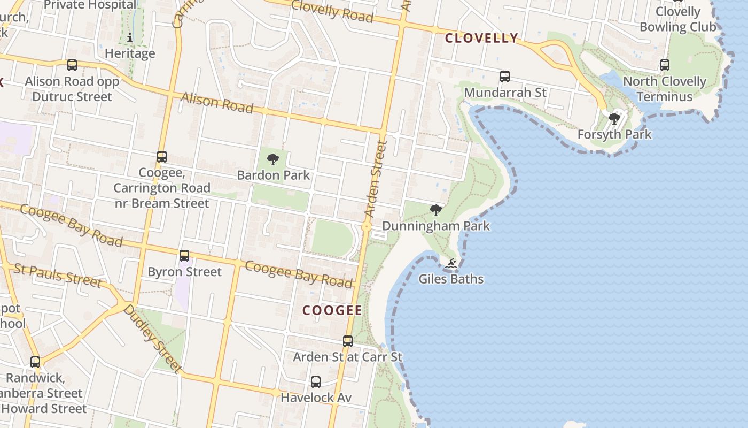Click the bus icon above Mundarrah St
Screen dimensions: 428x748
tap(505, 77)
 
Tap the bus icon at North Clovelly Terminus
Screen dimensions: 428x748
tap(665, 65)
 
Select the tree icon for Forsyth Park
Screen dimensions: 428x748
tap(614, 118)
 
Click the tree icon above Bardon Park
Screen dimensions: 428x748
tap(273, 159)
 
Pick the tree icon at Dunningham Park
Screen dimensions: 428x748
tap(436, 210)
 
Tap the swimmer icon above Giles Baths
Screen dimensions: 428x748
tap(451, 263)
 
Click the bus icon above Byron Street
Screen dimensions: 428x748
tap(184, 256)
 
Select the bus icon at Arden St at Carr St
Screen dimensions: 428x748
tap(348, 341)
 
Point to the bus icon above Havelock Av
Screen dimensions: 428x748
tap(316, 382)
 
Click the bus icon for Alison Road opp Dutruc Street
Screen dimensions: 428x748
tap(72, 65)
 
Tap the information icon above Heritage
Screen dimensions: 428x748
tap(130, 37)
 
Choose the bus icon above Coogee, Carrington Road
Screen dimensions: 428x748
tap(162, 157)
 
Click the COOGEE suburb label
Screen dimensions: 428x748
tap(332, 310)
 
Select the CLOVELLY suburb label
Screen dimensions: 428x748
tap(481, 38)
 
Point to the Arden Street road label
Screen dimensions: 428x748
tap(375, 179)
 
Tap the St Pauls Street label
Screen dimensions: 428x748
tap(58, 274)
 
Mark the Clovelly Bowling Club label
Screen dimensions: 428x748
tap(678, 19)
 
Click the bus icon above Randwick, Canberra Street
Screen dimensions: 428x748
tap(35, 362)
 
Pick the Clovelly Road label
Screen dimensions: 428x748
tap(332, 11)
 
